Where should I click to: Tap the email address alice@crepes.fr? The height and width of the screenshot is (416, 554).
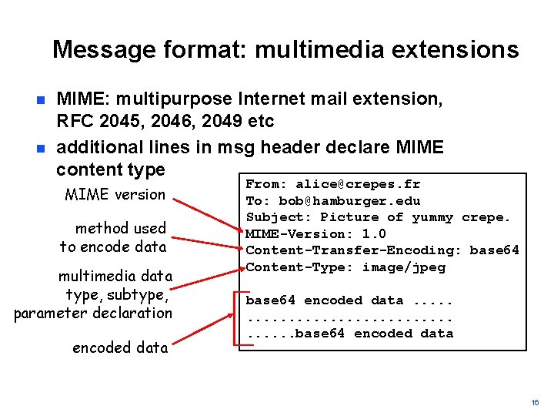click(358, 184)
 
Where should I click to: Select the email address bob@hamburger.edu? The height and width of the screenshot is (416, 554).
click(349, 201)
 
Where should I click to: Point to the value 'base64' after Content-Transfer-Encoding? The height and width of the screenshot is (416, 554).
click(494, 250)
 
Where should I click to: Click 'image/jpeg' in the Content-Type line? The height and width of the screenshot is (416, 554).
click(404, 267)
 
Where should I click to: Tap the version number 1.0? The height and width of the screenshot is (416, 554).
click(374, 234)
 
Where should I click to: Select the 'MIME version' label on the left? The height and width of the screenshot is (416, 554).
click(115, 194)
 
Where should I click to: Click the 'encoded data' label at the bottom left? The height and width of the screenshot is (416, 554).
click(120, 347)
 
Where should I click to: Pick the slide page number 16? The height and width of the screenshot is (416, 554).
click(535, 403)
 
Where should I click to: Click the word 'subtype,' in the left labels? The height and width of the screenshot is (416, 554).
click(143, 294)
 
